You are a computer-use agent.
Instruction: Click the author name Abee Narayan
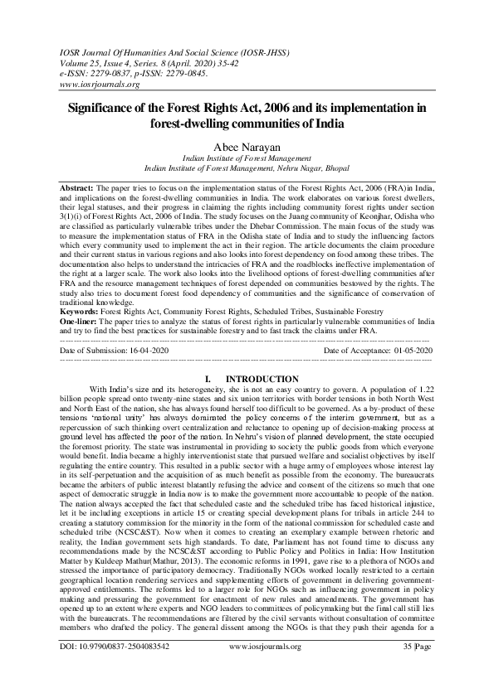tap(247, 143)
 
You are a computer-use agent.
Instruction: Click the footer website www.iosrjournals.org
tap(247, 666)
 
